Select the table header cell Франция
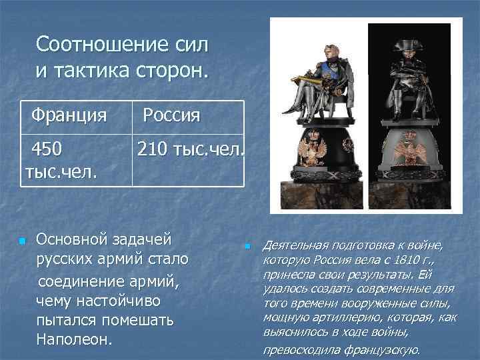coord(69,115)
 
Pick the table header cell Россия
coord(171,115)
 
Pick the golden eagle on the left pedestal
coord(312,150)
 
